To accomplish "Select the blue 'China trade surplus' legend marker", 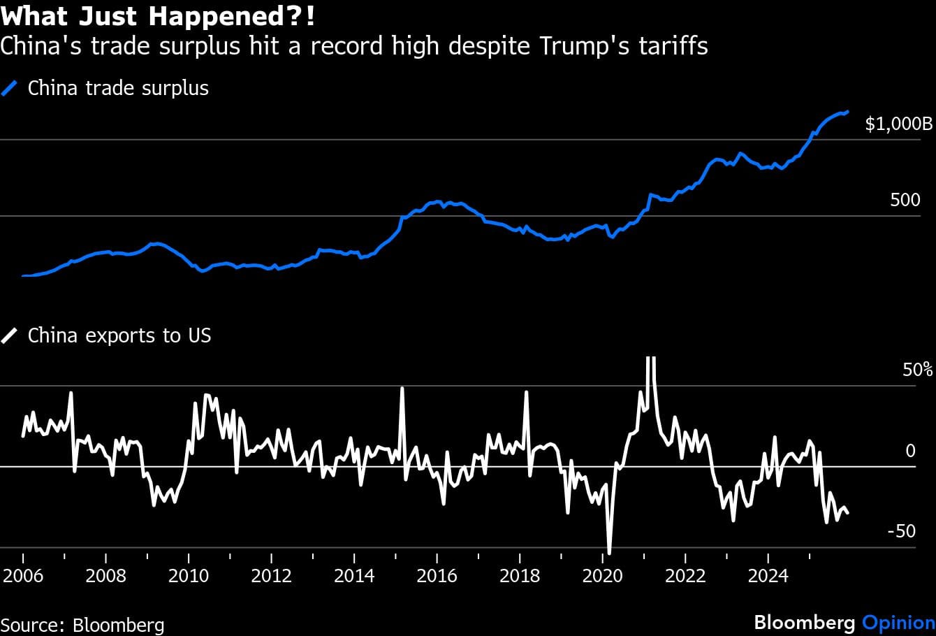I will pos(10,89).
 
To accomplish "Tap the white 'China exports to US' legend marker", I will pos(10,336).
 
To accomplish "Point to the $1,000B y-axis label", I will pos(898,124).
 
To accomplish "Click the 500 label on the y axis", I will pos(905,201).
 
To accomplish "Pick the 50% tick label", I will pos(917,370).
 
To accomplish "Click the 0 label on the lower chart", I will pos(910,451).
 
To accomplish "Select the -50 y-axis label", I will pos(901,532).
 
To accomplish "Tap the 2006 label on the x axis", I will pos(23,576).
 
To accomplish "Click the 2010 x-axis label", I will pos(189,576).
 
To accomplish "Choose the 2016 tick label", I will pos(437,576).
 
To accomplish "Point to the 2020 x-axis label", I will pos(603,576).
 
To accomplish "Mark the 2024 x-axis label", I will pos(768,576).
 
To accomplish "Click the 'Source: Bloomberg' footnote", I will pos(82,624).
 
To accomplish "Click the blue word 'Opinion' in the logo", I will pos(898,623).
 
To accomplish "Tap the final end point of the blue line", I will pos(847,111).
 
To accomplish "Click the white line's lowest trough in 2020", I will pos(609,553).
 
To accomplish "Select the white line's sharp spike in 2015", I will pos(402,388).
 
